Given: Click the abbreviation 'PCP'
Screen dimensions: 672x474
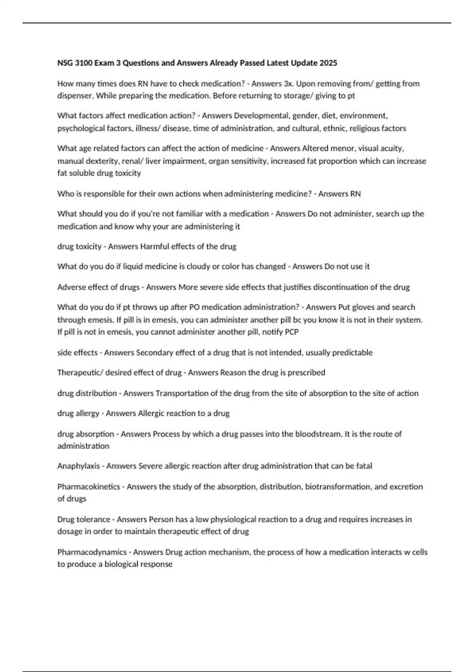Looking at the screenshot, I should click(291, 332).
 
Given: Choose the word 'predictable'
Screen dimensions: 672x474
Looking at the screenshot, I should click(352, 353).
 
